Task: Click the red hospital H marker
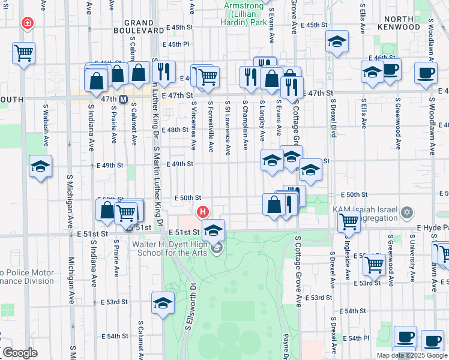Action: click(x=203, y=212)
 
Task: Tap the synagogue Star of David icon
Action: click(x=407, y=213)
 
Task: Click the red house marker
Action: click(x=26, y=24)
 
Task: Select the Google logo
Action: click(x=19, y=353)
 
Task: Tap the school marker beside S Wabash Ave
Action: click(x=41, y=166)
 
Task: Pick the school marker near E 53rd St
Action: click(x=163, y=303)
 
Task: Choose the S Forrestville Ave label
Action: click(x=211, y=127)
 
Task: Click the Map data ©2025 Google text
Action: click(x=412, y=355)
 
